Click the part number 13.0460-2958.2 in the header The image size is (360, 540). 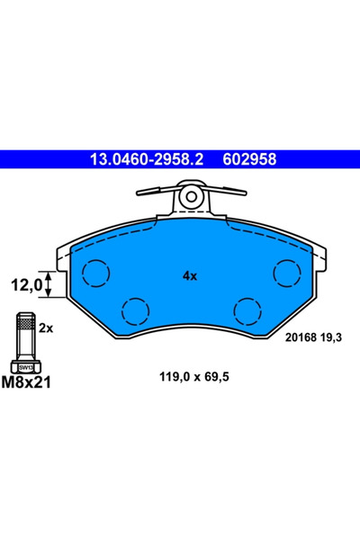[x=147, y=159]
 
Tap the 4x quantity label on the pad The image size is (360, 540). [x=189, y=276]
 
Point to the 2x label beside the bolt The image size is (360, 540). [x=47, y=328]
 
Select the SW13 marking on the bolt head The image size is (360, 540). [x=26, y=367]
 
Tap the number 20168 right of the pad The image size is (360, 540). [x=299, y=338]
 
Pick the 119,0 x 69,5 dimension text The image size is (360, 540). [x=189, y=378]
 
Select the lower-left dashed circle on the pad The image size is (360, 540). [x=134, y=310]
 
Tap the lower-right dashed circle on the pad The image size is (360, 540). [x=247, y=310]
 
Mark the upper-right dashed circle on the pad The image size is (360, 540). [x=287, y=271]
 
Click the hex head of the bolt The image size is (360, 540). [x=26, y=366]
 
